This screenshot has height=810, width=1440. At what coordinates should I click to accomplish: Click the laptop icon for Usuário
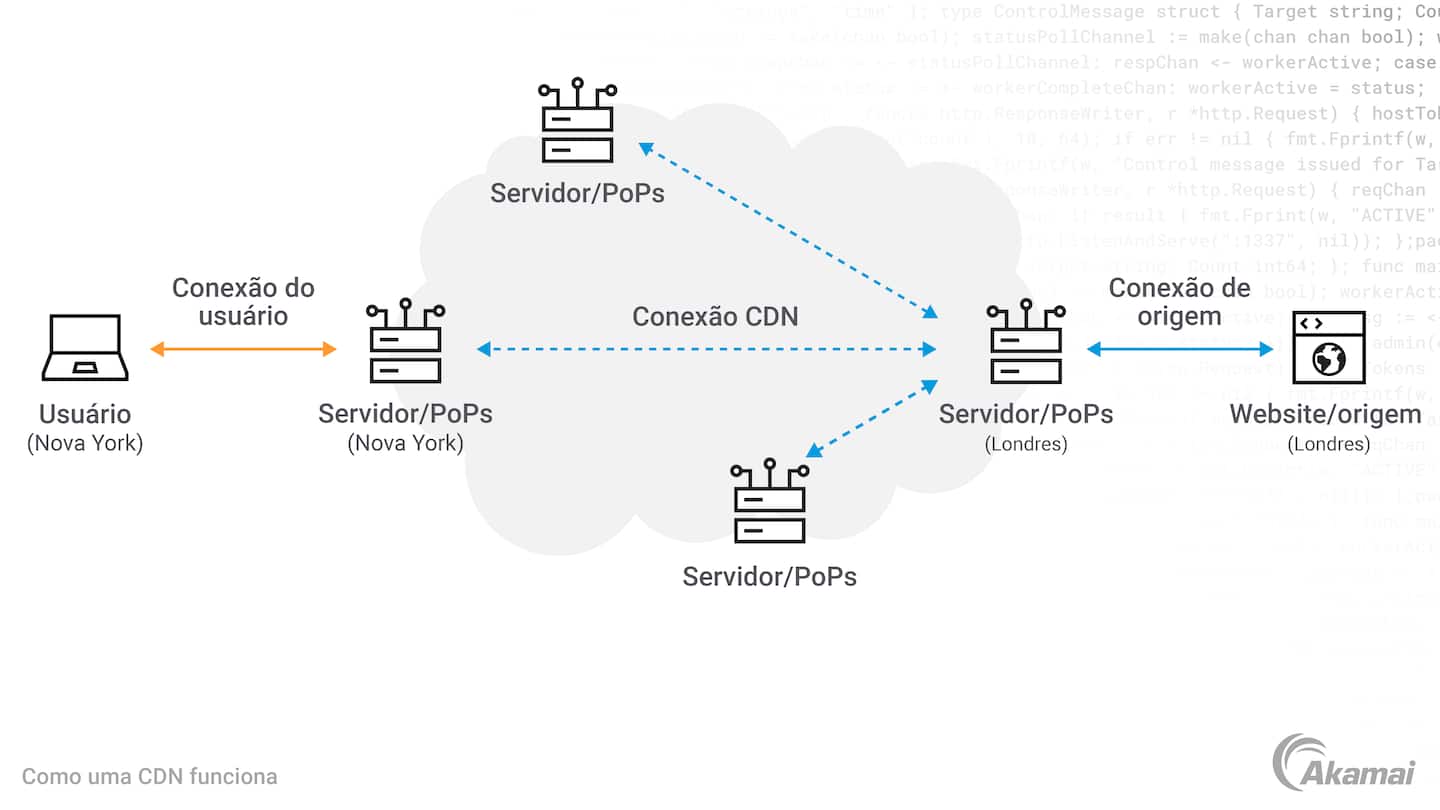click(85, 348)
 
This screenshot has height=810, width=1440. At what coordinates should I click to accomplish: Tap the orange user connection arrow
click(243, 349)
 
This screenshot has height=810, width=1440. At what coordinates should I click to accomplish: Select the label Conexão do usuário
click(243, 301)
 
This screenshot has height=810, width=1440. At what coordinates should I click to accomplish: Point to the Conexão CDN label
click(715, 317)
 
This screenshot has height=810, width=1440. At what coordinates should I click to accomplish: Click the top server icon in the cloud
click(577, 121)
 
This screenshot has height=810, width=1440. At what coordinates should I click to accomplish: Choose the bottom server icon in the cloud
click(769, 502)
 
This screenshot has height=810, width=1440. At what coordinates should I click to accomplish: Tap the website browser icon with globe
click(1328, 348)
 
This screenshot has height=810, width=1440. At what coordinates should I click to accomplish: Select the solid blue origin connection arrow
click(1180, 349)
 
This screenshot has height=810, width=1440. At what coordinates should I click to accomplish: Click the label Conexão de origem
click(1180, 301)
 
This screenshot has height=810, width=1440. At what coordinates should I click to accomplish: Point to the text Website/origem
click(1325, 414)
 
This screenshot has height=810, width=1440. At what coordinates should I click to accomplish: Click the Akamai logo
click(1342, 763)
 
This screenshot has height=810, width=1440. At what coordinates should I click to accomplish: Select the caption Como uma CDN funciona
click(150, 776)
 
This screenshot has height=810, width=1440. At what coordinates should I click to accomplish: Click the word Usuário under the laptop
click(85, 414)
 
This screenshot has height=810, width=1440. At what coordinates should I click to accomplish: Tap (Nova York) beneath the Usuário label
click(85, 443)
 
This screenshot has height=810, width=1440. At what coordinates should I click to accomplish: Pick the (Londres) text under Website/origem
click(1328, 444)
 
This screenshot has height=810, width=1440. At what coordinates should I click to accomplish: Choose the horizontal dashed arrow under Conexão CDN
click(706, 349)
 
